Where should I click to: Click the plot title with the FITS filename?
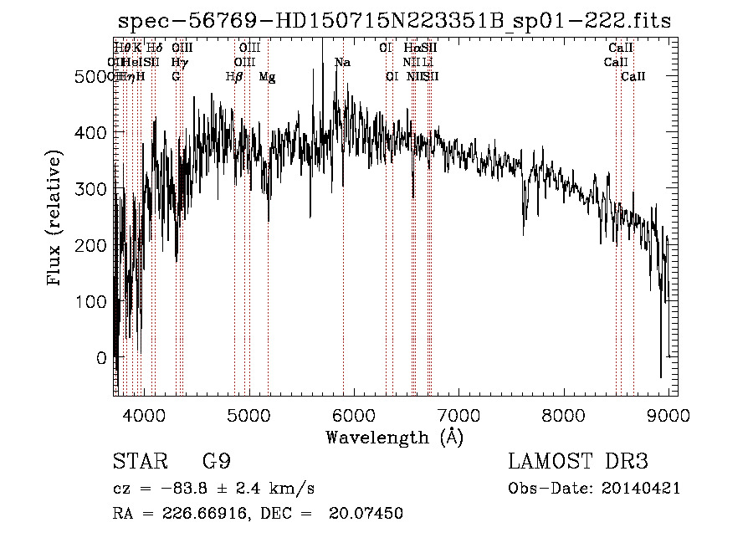[394, 22]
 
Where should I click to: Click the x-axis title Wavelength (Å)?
[394, 437]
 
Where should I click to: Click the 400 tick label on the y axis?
[90, 133]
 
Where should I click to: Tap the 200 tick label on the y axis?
[90, 245]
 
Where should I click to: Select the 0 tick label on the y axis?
[101, 357]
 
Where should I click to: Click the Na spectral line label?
[342, 63]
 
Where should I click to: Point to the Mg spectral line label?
[267, 77]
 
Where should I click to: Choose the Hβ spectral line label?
[234, 77]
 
